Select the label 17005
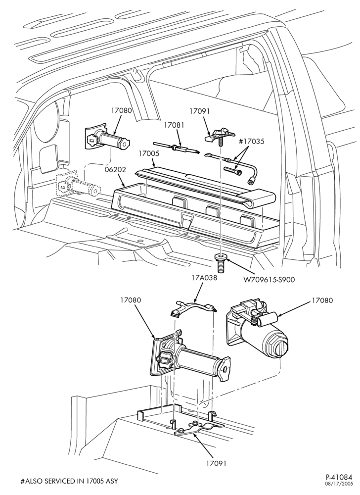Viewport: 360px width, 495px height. (x=148, y=154)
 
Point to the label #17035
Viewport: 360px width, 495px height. (x=251, y=142)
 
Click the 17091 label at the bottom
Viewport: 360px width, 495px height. (x=216, y=463)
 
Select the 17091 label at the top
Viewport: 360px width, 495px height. (x=199, y=111)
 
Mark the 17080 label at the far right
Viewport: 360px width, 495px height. (x=322, y=300)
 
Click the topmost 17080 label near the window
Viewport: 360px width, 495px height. (x=121, y=110)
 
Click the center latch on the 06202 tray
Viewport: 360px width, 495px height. (x=186, y=220)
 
